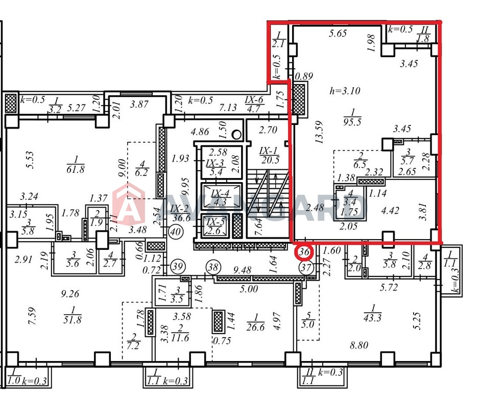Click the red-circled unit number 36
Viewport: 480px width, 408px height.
(304, 252)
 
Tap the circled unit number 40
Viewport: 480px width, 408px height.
(176, 232)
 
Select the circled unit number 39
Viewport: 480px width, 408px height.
(178, 266)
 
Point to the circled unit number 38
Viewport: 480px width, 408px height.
(213, 267)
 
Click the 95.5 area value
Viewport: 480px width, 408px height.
(352, 122)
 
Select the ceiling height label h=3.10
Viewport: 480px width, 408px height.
(345, 91)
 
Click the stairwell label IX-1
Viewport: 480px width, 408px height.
(268, 151)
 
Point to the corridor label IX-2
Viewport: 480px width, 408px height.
(179, 209)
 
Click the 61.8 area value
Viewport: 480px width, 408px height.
(75, 169)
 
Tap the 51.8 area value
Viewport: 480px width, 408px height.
(73, 320)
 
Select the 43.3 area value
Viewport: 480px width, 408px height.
(373, 318)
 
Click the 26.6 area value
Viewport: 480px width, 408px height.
(256, 327)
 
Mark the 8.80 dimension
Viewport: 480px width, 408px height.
(359, 345)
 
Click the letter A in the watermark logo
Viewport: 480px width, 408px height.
(129, 206)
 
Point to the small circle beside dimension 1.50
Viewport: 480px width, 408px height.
(236, 135)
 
